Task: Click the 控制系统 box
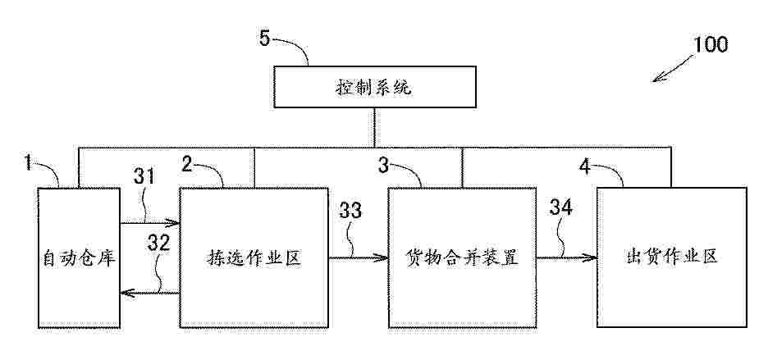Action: [x=373, y=87]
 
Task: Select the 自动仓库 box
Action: [x=80, y=257]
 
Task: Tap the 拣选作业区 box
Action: [x=254, y=257]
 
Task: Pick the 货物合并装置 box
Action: [x=462, y=257]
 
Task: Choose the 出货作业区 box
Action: [x=672, y=257]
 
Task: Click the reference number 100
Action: [x=710, y=44]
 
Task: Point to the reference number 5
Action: [x=264, y=39]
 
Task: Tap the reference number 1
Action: [x=28, y=163]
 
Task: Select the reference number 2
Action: [x=187, y=165]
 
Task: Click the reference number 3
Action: [x=383, y=166]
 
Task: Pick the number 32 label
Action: [x=158, y=243]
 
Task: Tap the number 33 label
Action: [x=350, y=211]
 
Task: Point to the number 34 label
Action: [x=560, y=208]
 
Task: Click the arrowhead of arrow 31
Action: [x=174, y=223]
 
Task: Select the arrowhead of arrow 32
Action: [x=127, y=292]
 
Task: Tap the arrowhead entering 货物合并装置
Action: [x=382, y=257]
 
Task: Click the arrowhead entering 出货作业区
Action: [x=591, y=257]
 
